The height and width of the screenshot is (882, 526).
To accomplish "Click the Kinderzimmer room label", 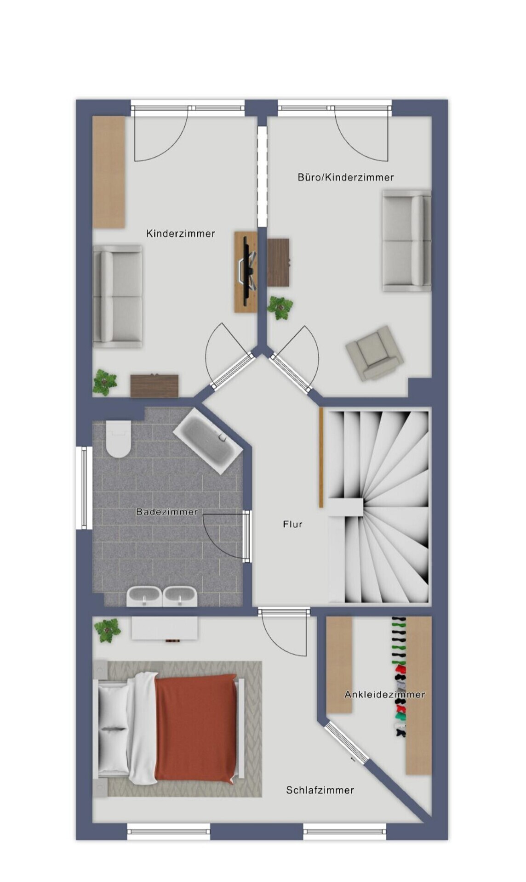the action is click(x=181, y=233).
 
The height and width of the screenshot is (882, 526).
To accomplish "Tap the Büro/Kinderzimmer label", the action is click(x=346, y=177).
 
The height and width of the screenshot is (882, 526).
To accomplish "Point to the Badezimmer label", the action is click(x=167, y=512).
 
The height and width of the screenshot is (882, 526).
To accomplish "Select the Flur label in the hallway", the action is click(x=293, y=524).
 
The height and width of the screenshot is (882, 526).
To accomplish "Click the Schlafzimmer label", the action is click(x=320, y=790).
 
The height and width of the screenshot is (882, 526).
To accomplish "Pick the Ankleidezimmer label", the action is click(x=385, y=695).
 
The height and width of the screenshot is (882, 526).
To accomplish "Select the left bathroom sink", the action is click(x=144, y=597).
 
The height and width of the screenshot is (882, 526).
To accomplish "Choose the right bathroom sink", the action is click(x=180, y=597).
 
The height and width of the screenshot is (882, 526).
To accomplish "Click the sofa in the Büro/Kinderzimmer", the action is click(x=406, y=241).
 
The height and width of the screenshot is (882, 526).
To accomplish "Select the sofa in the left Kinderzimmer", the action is click(x=117, y=296).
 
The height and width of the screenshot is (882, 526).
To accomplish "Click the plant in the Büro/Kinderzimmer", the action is click(x=280, y=307).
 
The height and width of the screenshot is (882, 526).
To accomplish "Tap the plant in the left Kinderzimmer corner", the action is click(x=105, y=383).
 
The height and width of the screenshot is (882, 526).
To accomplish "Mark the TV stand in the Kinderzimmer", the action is click(x=246, y=272).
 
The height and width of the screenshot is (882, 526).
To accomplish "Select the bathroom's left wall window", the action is click(x=84, y=488).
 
